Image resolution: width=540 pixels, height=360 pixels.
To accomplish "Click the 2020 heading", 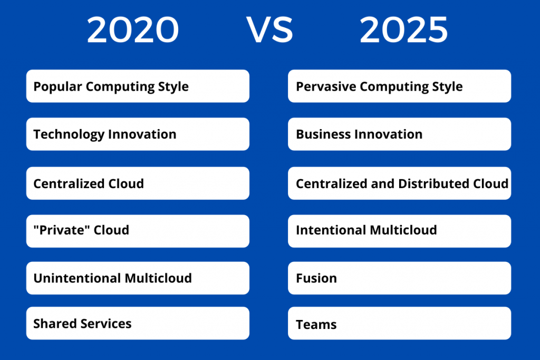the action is [x=133, y=30].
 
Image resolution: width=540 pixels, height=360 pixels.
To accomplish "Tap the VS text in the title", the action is [x=269, y=30].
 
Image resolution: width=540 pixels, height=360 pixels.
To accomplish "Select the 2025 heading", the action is [x=403, y=30].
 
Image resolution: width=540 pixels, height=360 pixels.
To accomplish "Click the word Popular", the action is [x=57, y=87].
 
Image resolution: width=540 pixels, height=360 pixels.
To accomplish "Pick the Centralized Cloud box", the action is [x=138, y=183].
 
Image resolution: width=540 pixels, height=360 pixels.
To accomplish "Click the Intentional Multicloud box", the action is [x=400, y=231].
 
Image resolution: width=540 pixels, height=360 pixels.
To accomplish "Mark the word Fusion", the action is [x=316, y=278].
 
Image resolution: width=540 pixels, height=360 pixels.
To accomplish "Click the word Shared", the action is [x=55, y=324].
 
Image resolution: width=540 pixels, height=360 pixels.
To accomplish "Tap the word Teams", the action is [x=316, y=325].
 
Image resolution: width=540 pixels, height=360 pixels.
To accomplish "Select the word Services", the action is [x=105, y=324].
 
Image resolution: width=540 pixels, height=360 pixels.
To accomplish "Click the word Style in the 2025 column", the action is [x=447, y=87].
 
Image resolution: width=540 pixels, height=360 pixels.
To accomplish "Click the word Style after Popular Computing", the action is [x=173, y=87].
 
